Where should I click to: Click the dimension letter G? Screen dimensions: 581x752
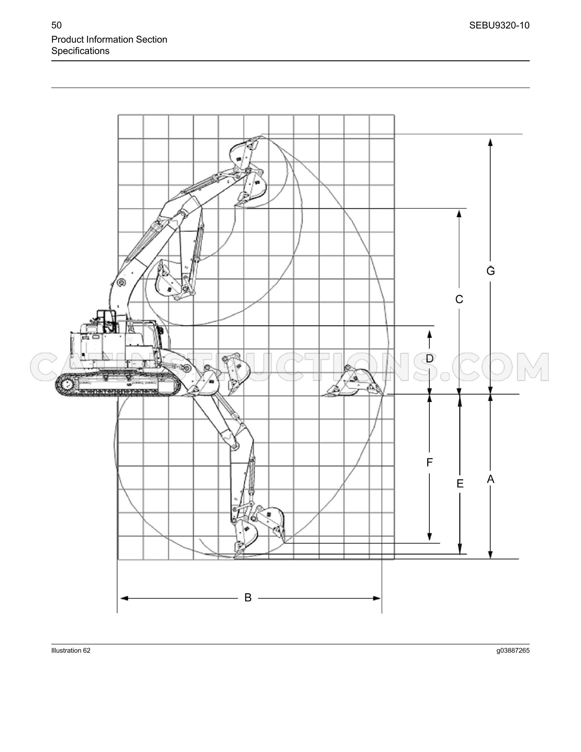tap(491, 271)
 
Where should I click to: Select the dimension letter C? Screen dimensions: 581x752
tap(459, 299)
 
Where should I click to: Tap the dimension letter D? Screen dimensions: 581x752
tap(430, 359)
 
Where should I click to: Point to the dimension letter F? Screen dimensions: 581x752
tap(430, 463)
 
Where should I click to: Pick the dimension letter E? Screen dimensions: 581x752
tap(460, 484)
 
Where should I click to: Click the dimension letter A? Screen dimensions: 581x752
tap(491, 479)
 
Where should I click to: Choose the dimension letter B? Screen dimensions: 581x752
tap(248, 598)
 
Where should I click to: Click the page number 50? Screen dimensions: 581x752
tap(56, 25)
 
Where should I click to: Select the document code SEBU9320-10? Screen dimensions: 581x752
tap(499, 25)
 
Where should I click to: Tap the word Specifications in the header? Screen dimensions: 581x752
tap(80, 51)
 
